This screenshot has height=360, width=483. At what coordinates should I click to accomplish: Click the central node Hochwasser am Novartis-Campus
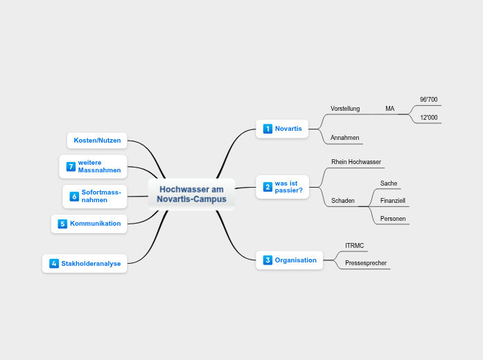click(191, 195)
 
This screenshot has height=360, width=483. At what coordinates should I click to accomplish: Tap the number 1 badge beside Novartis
click(268, 129)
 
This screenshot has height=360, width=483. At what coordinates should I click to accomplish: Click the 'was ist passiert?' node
click(288, 187)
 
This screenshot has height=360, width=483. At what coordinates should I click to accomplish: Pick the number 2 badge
click(268, 187)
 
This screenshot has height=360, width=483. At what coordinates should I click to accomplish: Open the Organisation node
click(295, 260)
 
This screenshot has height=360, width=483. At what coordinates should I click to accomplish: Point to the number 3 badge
click(268, 260)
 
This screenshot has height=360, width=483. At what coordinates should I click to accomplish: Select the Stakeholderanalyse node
click(91, 263)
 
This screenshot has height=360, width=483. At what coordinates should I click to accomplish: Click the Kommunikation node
click(95, 224)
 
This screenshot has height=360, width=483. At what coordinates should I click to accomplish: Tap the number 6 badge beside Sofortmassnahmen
click(74, 197)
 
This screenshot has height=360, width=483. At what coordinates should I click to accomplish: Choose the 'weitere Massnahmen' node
click(99, 166)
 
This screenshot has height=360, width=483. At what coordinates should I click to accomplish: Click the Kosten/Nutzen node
click(97, 141)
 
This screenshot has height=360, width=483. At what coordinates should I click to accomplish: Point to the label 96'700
click(429, 100)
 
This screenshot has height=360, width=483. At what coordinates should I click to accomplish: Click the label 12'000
click(429, 118)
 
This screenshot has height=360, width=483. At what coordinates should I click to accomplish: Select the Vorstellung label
click(345, 109)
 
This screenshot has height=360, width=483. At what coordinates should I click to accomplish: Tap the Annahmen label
click(345, 138)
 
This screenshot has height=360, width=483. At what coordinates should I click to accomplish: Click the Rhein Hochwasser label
click(356, 162)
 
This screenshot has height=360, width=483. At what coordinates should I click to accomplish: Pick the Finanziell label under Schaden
click(393, 201)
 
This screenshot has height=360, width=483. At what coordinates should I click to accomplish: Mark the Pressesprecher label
click(366, 263)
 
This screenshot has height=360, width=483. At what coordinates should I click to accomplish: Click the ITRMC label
click(355, 246)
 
